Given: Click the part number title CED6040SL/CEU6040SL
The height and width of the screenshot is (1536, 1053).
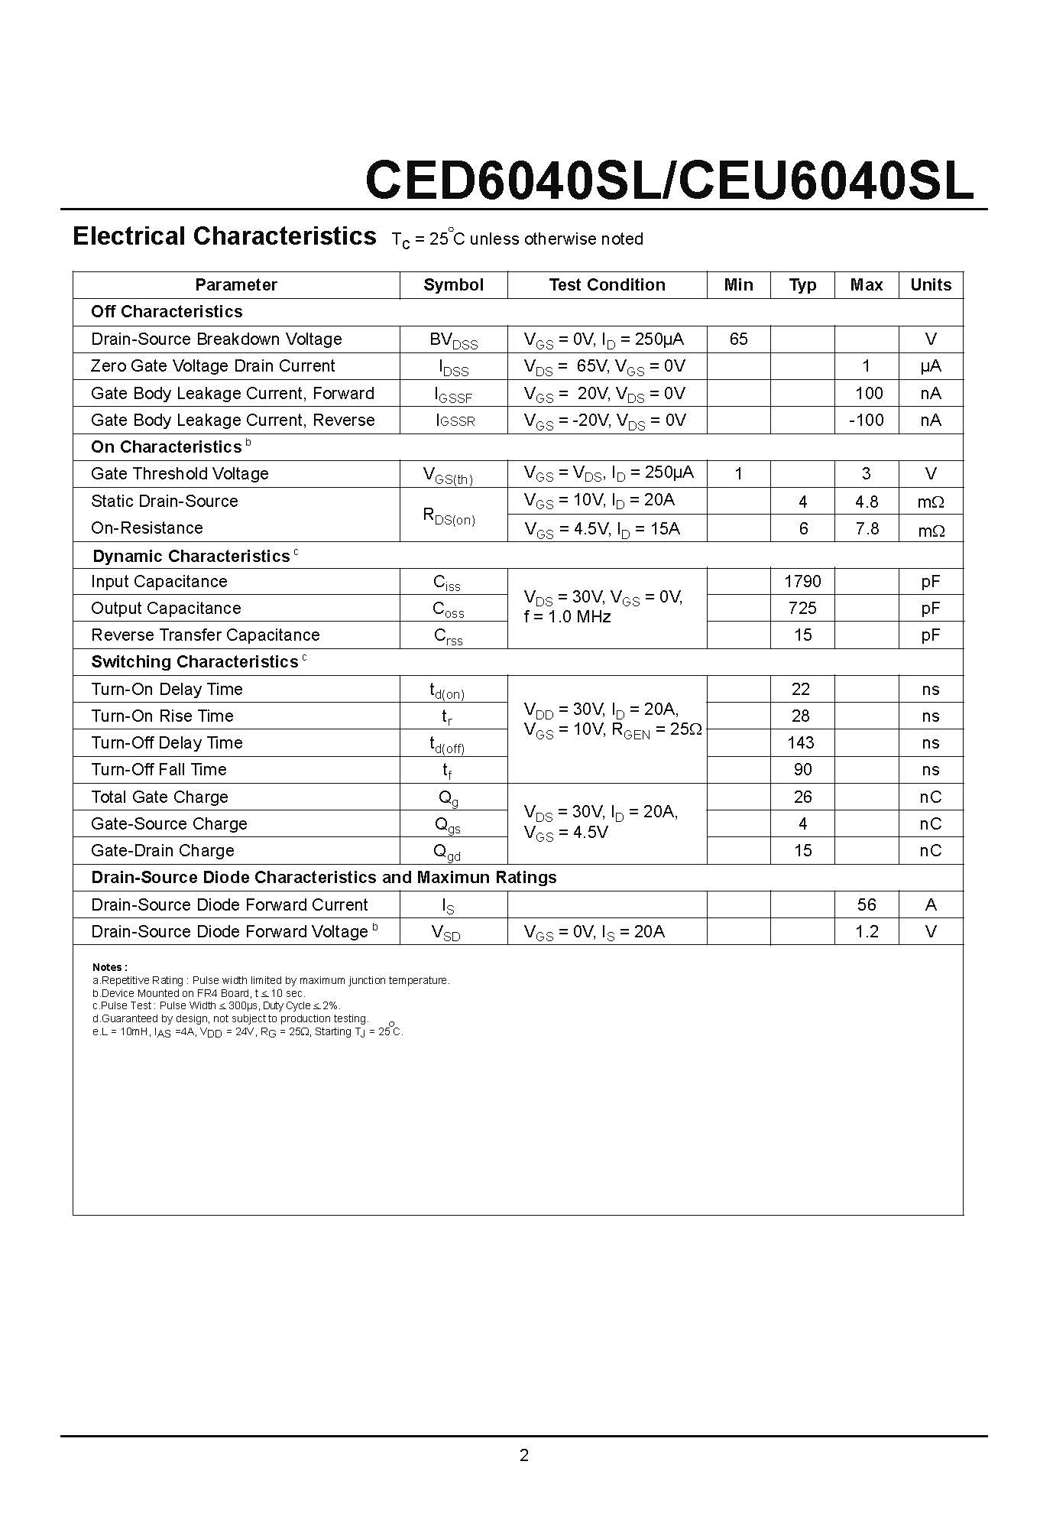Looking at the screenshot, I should click(x=669, y=181).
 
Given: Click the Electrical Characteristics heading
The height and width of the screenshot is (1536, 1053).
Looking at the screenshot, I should click(x=224, y=236).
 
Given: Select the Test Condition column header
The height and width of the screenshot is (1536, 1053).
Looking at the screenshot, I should click(x=607, y=285).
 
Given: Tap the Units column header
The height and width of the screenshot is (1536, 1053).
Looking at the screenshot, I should click(x=930, y=285).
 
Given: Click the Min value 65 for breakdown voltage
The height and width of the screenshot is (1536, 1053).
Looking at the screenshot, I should click(x=738, y=339).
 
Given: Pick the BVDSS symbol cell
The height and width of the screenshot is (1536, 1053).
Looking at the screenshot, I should click(x=453, y=340).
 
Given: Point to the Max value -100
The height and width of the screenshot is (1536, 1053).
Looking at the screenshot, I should click(x=866, y=420).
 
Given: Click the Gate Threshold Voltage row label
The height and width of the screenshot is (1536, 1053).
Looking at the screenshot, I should click(x=180, y=474).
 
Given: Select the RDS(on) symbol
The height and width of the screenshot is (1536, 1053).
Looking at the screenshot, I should click(x=449, y=516).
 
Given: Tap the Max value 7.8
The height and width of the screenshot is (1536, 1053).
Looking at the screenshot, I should click(x=867, y=528).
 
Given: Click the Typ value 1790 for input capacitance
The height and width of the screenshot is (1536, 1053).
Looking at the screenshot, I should click(x=802, y=581).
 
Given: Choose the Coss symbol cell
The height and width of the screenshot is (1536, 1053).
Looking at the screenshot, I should click(x=449, y=609).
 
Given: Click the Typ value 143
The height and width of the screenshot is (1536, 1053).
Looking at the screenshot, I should click(x=801, y=742).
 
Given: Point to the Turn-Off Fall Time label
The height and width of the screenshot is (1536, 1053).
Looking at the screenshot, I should click(x=159, y=769).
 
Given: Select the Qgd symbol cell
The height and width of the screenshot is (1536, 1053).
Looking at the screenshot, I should click(x=448, y=852).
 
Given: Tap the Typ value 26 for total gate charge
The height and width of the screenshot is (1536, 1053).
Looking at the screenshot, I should click(x=802, y=797).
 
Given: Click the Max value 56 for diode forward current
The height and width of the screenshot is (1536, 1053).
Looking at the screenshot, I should click(x=866, y=904).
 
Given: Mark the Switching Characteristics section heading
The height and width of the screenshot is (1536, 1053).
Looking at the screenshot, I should click(x=195, y=662).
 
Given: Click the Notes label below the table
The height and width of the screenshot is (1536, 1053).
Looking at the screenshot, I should click(x=109, y=967).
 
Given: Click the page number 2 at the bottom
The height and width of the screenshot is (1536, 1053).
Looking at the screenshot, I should click(x=524, y=1455).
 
